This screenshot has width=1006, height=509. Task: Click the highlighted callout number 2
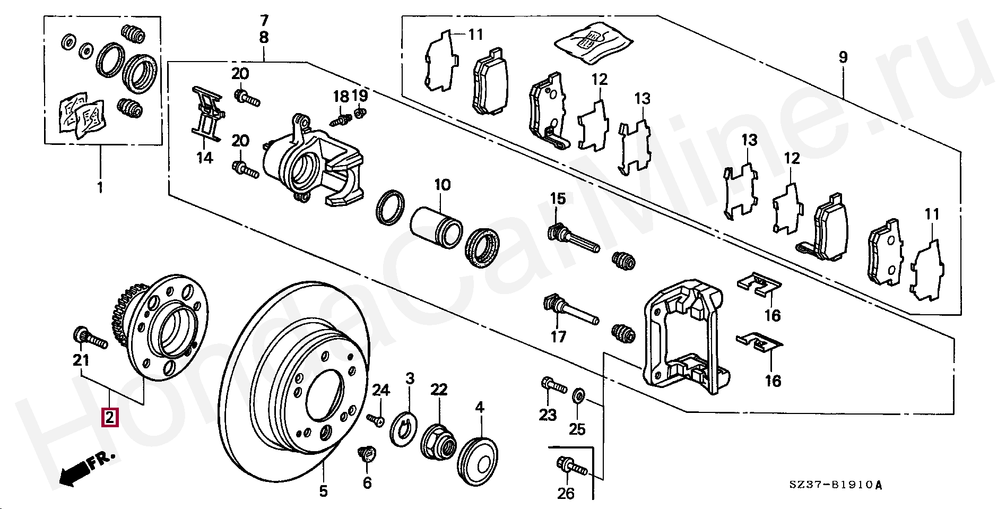[110, 417]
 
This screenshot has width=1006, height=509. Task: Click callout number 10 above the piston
[442, 185]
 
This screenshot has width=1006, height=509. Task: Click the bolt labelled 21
[90, 338]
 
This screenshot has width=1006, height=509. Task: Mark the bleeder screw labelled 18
[340, 119]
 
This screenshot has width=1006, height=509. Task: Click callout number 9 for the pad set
[843, 57]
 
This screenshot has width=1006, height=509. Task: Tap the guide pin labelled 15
[573, 239]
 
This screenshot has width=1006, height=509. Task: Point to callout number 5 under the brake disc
[323, 491]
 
